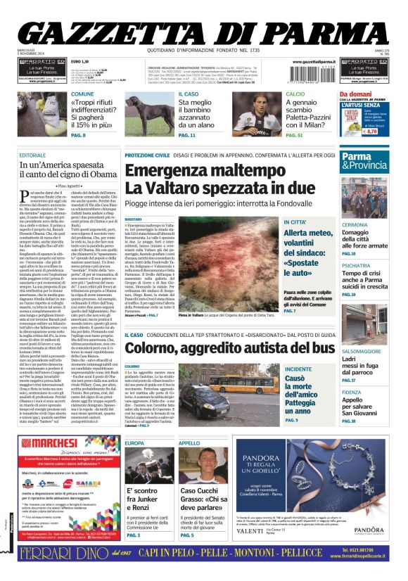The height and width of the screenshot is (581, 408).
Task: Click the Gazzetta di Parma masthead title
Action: click(203, 31)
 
